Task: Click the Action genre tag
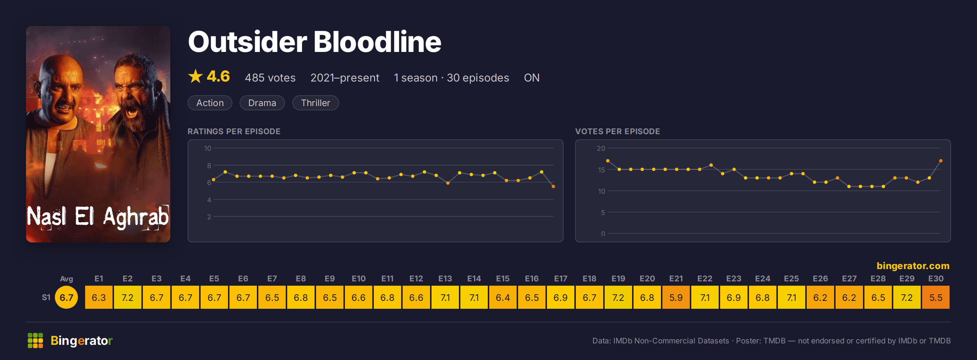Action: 210,103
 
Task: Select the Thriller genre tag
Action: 315,103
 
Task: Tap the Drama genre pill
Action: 262,103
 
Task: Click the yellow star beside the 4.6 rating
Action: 195,76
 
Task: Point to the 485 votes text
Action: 270,78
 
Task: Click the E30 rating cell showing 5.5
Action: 936,297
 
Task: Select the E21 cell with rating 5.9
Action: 676,297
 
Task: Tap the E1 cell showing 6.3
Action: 98,297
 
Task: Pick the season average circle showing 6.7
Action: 66,297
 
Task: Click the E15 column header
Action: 503,278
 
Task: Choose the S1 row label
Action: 46,297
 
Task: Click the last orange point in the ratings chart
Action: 553,186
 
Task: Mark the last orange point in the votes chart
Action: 941,161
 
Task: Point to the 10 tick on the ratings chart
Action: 207,148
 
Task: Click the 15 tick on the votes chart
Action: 601,170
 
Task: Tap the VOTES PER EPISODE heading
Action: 617,131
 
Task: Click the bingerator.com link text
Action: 913,265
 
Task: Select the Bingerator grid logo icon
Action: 35,340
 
